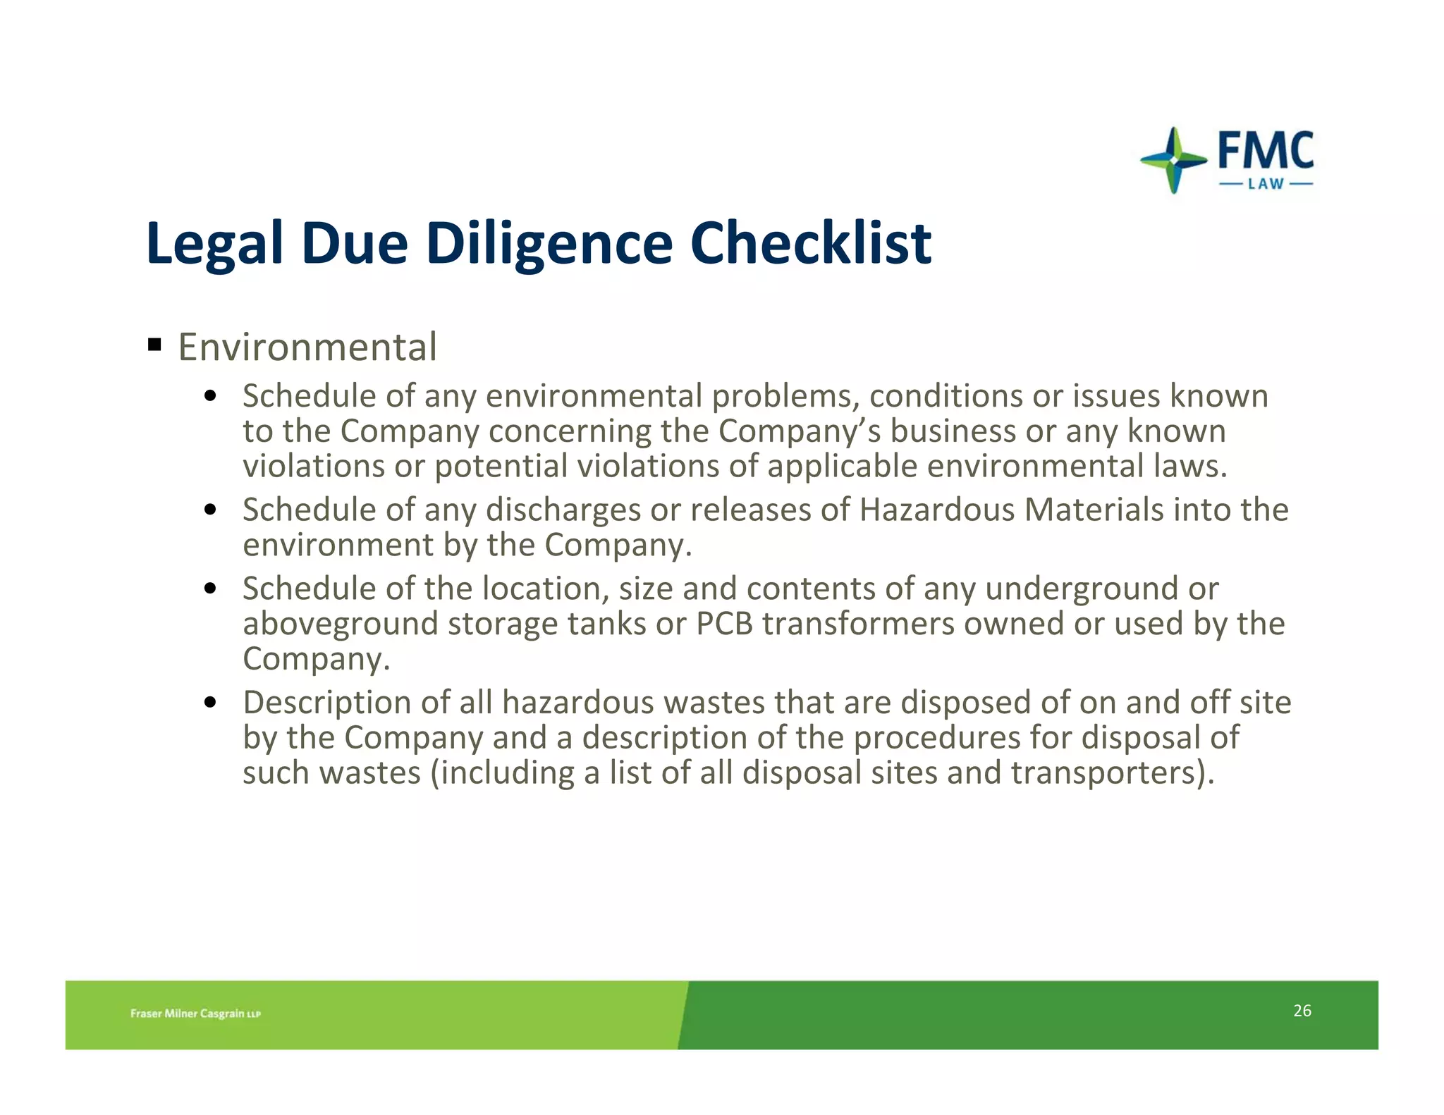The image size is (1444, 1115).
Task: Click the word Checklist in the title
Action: [x=810, y=243]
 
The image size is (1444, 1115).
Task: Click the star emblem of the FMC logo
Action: [x=1173, y=160]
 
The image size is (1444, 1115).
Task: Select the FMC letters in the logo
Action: [x=1266, y=150]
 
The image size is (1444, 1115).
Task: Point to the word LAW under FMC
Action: [x=1266, y=185]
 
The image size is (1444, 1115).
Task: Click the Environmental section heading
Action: [x=307, y=347]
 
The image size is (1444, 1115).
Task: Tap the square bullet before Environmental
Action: [x=154, y=345]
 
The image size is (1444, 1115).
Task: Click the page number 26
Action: [x=1302, y=1011]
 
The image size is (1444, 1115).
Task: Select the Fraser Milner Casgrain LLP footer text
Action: [x=195, y=1014]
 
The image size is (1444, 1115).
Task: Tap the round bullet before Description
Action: [x=209, y=703]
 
